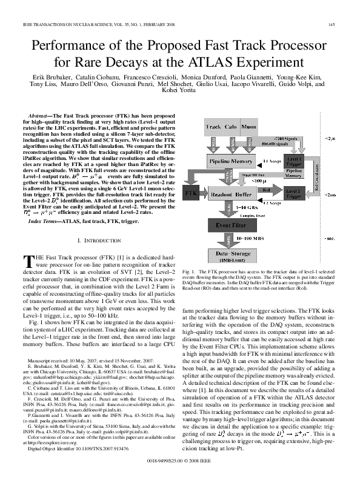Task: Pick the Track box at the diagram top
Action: point(213,127)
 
